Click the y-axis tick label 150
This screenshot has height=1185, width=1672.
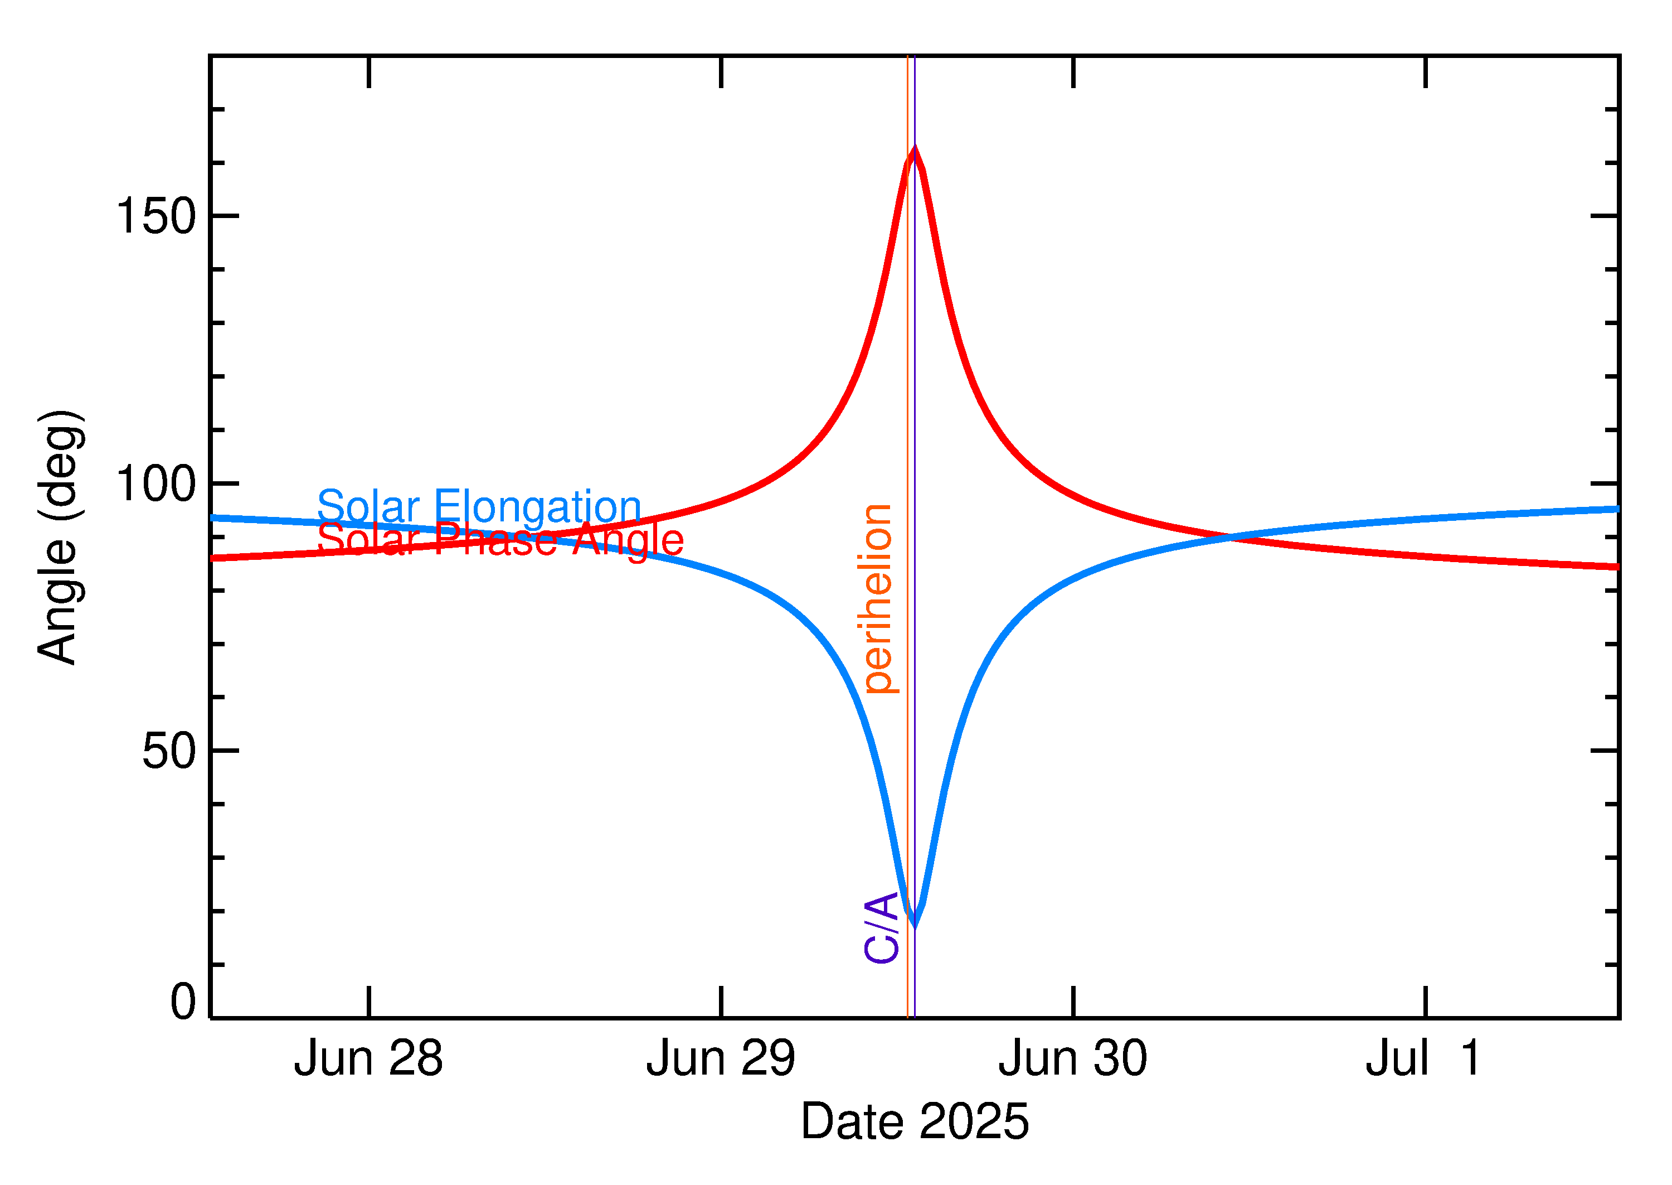(156, 217)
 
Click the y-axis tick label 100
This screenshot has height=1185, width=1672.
(156, 484)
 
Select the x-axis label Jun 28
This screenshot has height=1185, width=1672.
(368, 1059)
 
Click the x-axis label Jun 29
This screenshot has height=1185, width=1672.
(721, 1059)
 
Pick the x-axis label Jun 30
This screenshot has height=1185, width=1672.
(1073, 1059)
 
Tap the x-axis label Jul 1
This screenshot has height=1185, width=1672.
(1423, 1059)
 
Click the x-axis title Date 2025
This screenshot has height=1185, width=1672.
(915, 1121)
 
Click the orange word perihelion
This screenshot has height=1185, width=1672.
(877, 598)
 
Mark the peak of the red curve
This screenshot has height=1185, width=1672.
(915, 148)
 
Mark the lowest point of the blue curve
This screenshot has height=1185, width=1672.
(915, 925)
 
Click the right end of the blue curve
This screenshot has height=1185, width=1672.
(1617, 509)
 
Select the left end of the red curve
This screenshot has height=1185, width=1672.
(212, 558)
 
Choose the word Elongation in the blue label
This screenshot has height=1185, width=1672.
(537, 506)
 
